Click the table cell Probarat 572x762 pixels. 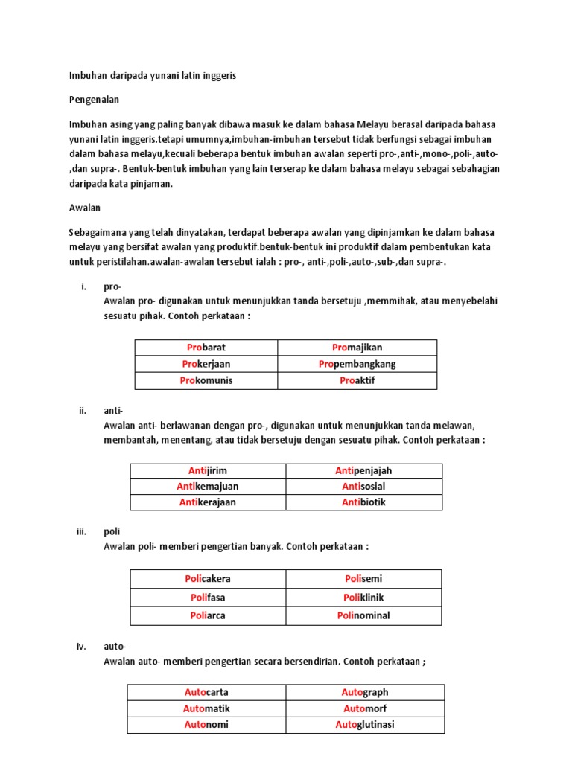point(206,348)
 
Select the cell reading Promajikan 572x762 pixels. point(357,348)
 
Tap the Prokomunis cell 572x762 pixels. point(206,380)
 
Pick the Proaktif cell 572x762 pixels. point(357,380)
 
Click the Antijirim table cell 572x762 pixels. point(208,471)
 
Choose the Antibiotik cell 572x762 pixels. point(363,502)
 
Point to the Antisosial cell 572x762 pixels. point(363,487)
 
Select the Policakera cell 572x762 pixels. point(208,579)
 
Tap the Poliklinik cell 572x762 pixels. point(363,597)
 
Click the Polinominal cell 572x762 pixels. point(363,615)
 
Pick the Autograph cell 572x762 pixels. point(365,692)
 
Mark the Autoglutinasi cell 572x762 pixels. point(365,724)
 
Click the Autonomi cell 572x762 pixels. point(206,724)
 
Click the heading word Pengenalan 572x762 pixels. point(94,99)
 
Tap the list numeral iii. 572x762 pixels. point(82,531)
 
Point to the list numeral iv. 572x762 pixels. point(82,646)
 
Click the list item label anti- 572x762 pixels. point(113,410)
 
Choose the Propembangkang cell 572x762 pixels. point(357,364)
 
